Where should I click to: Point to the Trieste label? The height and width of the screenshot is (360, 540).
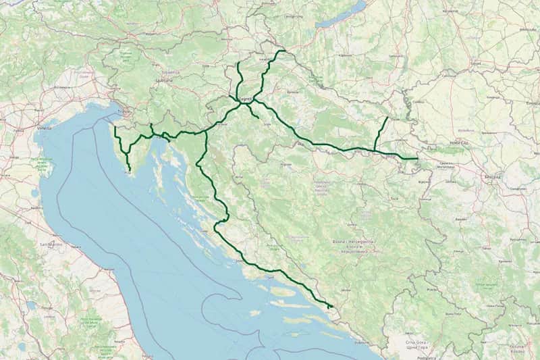point(122,111)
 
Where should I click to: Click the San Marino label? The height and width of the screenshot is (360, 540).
point(51,243)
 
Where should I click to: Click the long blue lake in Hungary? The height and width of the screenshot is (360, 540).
point(341,15)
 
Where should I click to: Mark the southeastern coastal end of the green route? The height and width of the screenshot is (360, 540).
point(330,307)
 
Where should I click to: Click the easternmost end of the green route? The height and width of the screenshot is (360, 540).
point(418,159)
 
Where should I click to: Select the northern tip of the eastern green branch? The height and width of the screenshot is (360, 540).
point(387,118)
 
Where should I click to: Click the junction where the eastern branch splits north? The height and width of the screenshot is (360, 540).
point(375,150)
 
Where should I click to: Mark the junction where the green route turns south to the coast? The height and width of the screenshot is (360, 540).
point(205,132)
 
